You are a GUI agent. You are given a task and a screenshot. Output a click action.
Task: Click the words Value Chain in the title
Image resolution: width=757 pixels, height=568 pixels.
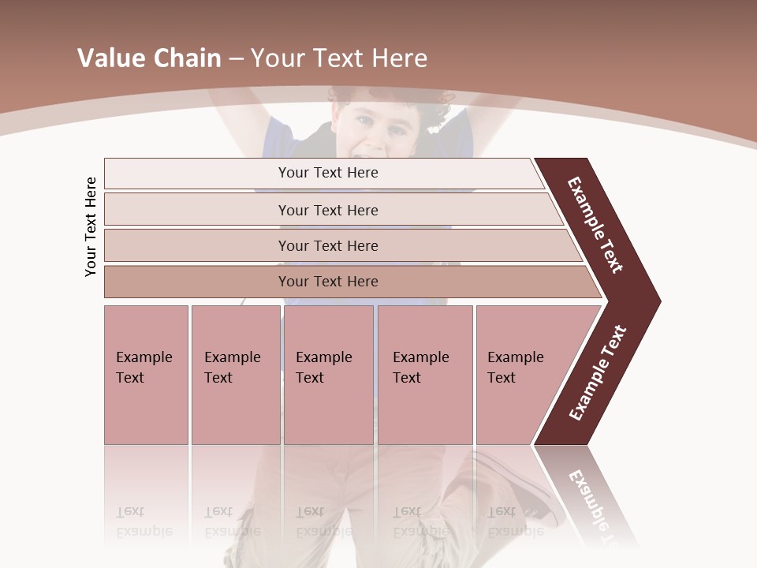click(149, 58)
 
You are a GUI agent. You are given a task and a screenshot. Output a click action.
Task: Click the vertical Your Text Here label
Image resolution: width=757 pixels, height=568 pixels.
click(91, 226)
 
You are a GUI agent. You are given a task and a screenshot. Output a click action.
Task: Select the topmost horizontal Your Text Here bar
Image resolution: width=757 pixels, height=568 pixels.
click(328, 173)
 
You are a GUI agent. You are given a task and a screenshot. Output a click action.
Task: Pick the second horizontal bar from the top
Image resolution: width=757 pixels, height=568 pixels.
click(328, 210)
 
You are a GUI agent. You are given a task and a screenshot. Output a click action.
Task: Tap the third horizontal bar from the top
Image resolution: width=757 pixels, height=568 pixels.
click(328, 245)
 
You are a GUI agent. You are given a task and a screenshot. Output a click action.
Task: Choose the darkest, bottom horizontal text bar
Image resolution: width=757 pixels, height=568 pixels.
click(328, 282)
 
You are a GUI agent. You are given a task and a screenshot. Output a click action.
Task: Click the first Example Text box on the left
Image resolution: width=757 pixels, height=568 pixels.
click(146, 374)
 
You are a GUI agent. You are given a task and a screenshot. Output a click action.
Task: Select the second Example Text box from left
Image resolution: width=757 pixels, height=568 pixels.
click(235, 374)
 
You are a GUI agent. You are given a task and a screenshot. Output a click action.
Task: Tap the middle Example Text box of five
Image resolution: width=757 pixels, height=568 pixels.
click(328, 374)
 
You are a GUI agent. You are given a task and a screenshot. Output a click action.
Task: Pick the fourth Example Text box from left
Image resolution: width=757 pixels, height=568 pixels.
click(425, 374)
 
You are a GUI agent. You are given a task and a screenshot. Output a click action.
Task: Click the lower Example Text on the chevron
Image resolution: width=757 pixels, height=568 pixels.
click(597, 373)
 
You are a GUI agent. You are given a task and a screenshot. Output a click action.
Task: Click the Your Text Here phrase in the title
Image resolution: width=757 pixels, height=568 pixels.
click(339, 58)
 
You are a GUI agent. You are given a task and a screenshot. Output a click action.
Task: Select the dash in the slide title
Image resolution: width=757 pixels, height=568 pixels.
click(235, 58)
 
